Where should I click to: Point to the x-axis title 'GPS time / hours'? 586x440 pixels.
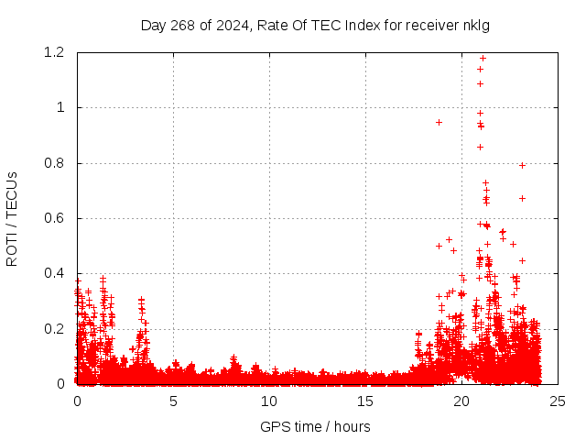[x=316, y=426]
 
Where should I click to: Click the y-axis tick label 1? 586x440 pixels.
[x=60, y=108]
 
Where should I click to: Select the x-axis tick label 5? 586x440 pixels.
[x=173, y=401]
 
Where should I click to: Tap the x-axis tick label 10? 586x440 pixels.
[x=269, y=401]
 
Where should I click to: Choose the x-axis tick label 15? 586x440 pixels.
[x=365, y=401]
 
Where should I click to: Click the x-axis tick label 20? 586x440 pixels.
[x=461, y=401]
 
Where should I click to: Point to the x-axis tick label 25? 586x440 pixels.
[x=558, y=401]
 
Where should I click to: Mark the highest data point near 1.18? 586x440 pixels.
[x=483, y=59]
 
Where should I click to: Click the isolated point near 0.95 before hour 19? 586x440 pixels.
[x=439, y=122]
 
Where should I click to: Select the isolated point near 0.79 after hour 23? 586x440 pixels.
[x=522, y=165]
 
